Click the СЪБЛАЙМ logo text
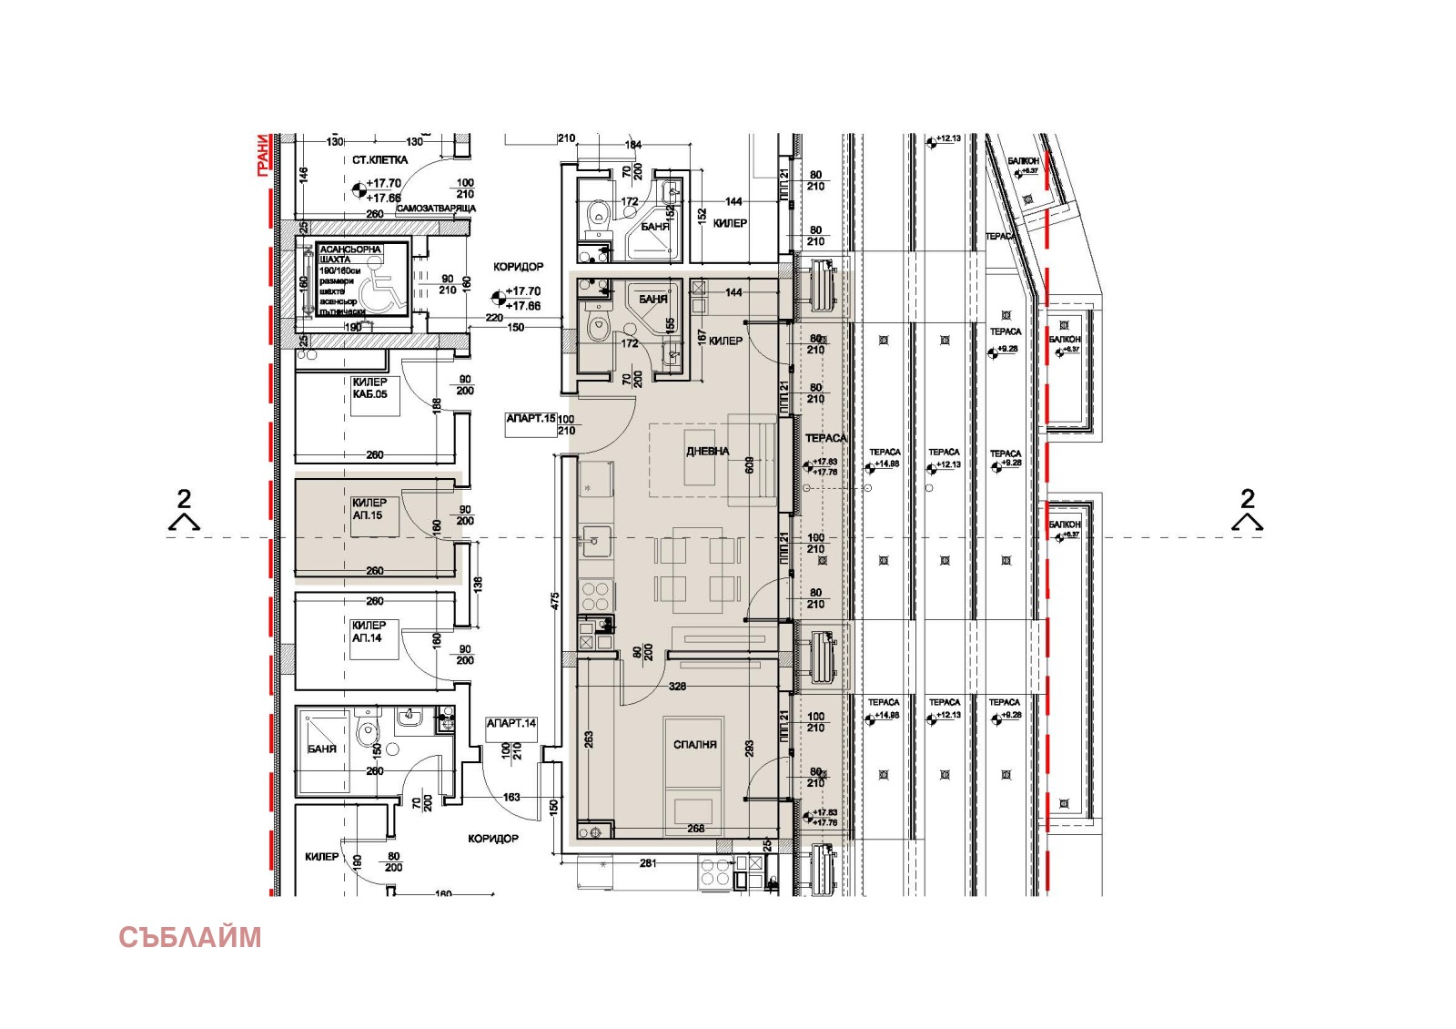click(189, 937)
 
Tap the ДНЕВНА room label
click(707, 452)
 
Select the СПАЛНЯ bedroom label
click(695, 745)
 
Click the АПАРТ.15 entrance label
click(531, 419)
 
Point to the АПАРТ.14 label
click(511, 723)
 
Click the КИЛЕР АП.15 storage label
click(369, 509)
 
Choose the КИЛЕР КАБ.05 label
click(369, 388)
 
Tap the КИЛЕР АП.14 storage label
click(369, 632)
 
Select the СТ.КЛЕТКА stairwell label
click(380, 160)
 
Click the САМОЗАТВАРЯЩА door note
click(436, 209)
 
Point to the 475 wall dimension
click(555, 601)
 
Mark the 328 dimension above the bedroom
click(677, 687)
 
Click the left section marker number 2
click(184, 499)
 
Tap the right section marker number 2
click(1248, 499)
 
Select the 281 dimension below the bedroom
click(648, 862)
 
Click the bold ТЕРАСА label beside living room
click(825, 439)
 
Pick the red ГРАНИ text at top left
click(263, 154)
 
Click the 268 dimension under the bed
click(696, 829)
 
